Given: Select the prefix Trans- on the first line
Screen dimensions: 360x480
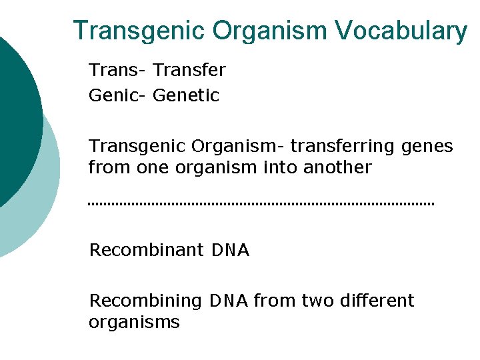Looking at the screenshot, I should pyautogui.click(x=118, y=70).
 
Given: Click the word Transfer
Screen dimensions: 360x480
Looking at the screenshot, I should pyautogui.click(x=189, y=70).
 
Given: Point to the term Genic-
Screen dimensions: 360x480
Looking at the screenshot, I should pyautogui.click(x=118, y=96).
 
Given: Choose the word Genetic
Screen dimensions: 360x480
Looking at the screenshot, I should pyautogui.click(x=186, y=96).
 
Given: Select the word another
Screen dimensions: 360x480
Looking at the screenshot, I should pyautogui.click(x=337, y=167).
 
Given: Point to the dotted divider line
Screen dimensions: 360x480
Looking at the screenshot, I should pyautogui.click(x=261, y=203).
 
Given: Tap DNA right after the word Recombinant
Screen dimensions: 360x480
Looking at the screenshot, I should pyautogui.click(x=230, y=251).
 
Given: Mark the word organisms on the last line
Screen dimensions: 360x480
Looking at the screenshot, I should pyautogui.click(x=134, y=323).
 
